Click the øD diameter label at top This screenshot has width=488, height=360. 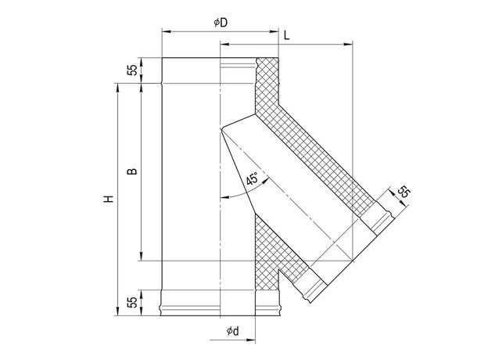click(221, 23)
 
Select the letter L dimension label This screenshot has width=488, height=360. click(287, 35)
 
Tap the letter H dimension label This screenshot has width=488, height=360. click(109, 199)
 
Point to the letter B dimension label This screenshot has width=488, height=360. click(132, 171)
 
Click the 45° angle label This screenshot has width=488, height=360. click(252, 178)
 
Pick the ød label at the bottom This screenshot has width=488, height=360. click(233, 331)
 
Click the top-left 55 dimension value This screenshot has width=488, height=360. click(132, 70)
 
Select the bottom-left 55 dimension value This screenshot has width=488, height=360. click(132, 302)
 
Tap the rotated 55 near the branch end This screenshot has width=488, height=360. click(404, 192)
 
